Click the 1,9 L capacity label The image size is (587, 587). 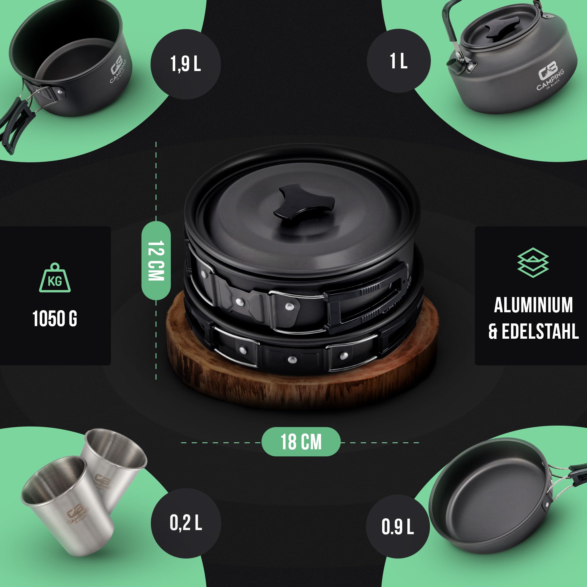(x=185, y=64)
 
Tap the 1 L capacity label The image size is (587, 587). (x=399, y=61)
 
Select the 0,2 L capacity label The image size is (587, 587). (x=186, y=523)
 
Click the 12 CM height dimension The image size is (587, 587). (x=156, y=261)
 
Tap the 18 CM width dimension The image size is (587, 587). (x=301, y=442)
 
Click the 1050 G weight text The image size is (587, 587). (x=55, y=319)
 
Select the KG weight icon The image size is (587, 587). (x=55, y=277)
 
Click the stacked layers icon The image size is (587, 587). (x=533, y=263)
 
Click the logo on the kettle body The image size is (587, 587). (x=550, y=76)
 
